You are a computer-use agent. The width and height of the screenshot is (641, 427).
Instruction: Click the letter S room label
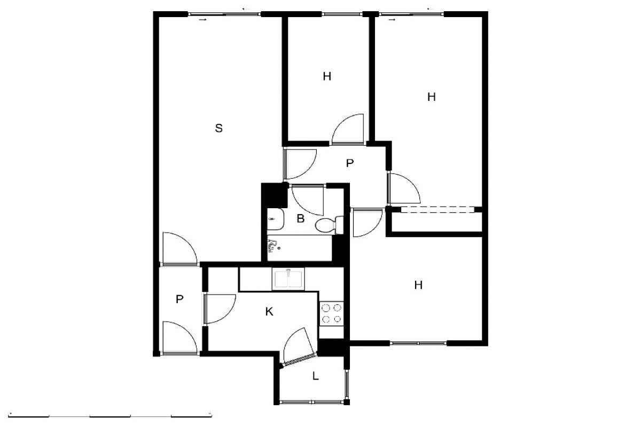coord(218,128)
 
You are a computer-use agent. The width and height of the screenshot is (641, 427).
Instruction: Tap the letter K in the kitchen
coord(269,312)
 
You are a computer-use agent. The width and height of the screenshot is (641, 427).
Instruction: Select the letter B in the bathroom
coord(300,218)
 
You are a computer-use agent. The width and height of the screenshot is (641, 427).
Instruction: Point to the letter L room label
coord(315,376)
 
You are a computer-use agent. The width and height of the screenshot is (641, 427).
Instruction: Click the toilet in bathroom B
coord(329,225)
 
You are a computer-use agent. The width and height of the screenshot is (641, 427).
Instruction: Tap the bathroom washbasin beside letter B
coord(275,219)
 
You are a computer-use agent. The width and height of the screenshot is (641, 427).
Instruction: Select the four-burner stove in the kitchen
coord(331,313)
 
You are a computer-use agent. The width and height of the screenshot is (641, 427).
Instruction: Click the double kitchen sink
coord(288,279)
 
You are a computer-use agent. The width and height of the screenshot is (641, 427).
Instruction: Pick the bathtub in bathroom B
coord(299,248)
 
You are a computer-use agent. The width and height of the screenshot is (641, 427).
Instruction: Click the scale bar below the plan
coord(110,416)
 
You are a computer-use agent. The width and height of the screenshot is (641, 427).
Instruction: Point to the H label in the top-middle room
coord(327,76)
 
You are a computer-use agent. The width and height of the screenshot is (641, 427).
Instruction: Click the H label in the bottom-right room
coord(418,285)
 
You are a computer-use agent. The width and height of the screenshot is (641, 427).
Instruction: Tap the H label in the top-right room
coord(431,97)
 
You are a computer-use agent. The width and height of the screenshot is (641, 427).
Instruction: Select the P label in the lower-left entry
coord(179,299)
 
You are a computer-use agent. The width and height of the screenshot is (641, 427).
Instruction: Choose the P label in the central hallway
coord(350,163)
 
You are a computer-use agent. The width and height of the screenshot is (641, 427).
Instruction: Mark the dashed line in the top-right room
coord(438,209)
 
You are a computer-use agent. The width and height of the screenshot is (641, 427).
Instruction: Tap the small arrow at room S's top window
coord(202,20)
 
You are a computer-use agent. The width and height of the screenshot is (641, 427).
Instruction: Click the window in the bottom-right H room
coord(418,343)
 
